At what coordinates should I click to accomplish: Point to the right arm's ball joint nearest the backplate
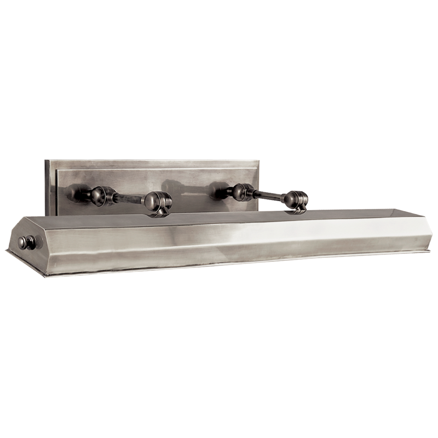coord(239,191)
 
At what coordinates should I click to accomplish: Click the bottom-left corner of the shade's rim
coord(7,252)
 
